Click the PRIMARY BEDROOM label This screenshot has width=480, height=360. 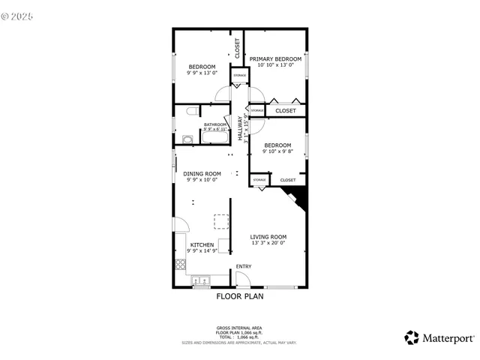coord(275,58)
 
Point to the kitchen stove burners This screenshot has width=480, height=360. coord(180,263)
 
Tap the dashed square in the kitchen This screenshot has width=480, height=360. coord(222,221)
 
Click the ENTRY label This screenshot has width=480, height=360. coord(244,267)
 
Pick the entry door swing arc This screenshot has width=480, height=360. coord(243,279)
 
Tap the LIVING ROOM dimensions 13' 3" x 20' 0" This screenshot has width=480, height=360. coord(268,244)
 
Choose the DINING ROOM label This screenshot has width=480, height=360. coord(202,173)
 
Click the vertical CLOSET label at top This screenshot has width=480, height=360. coord(238,49)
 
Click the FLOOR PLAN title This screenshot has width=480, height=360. coord(239,296)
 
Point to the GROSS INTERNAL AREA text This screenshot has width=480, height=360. coord(239,328)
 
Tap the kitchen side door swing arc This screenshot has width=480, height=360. coord(181,224)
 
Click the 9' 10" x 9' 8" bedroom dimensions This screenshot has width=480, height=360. coord(277,151)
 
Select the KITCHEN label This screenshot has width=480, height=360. coord(202,244)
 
